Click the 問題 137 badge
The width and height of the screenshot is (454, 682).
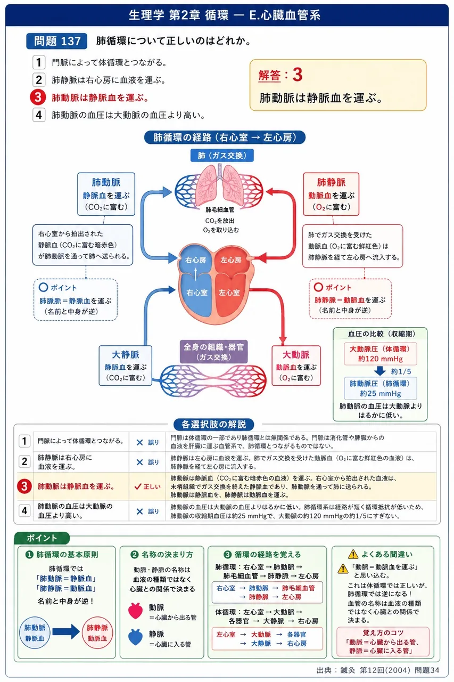(x=57, y=41)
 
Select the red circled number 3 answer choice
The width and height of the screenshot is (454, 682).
(x=38, y=98)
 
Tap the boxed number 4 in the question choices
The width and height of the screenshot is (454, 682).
(x=39, y=115)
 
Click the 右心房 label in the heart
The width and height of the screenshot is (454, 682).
(x=195, y=260)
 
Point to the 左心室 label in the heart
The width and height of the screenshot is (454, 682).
(x=229, y=293)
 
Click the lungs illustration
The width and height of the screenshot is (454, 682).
(x=219, y=185)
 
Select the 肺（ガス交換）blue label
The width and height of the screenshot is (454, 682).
(x=222, y=156)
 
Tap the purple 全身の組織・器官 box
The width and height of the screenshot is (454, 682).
(x=214, y=352)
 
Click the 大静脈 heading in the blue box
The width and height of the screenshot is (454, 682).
(x=126, y=355)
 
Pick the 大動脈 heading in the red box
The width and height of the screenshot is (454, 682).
(x=296, y=355)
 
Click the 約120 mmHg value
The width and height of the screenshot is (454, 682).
(x=381, y=359)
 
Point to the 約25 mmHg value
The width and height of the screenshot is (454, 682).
(x=381, y=394)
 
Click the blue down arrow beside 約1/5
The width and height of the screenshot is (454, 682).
(x=379, y=371)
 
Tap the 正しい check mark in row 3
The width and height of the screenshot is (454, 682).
(x=138, y=486)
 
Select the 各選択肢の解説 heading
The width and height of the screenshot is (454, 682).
(x=214, y=425)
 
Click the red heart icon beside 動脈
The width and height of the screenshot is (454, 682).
(x=135, y=611)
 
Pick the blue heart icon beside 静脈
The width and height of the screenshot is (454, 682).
(x=135, y=637)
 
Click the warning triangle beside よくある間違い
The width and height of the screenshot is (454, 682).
(x=353, y=554)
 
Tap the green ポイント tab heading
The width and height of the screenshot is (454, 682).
(x=42, y=538)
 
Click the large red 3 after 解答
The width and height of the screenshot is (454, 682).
(x=298, y=75)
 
